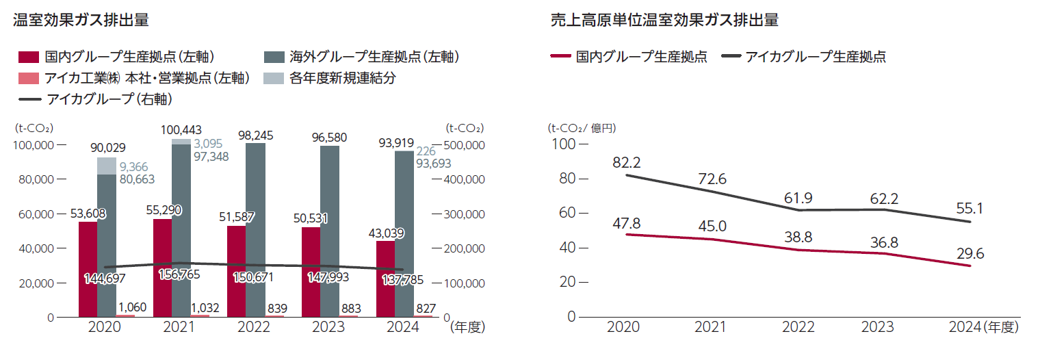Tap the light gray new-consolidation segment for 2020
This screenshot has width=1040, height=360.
tap(106, 166)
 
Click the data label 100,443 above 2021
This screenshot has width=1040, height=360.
tap(181, 129)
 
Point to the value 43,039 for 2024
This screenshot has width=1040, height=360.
tap(387, 233)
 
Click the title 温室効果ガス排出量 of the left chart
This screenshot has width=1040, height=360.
tap(81, 20)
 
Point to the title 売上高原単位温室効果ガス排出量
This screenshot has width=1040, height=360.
tap(664, 20)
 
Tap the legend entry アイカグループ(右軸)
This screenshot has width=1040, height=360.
tap(109, 99)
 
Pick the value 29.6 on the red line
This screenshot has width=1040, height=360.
tap(970, 253)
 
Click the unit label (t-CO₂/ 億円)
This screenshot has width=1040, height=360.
tap(582, 128)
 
